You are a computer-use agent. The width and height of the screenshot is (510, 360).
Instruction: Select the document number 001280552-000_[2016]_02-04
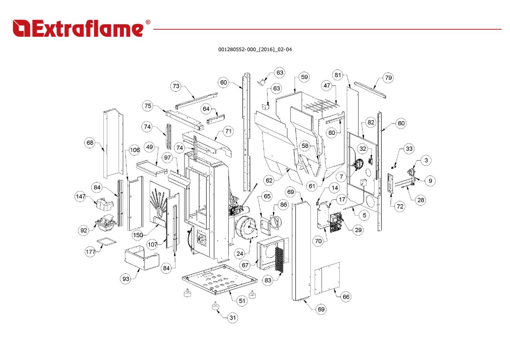255,50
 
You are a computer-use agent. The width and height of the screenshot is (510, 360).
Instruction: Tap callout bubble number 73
176,86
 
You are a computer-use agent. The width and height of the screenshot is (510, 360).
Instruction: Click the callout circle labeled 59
304,77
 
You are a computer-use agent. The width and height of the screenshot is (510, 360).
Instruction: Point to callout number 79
388,78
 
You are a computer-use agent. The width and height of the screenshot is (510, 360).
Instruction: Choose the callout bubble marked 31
233,318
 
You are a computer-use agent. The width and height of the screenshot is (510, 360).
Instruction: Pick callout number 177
90,252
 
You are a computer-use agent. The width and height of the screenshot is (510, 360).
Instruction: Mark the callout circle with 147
80,197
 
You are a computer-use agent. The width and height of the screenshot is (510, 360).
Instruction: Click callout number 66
346,297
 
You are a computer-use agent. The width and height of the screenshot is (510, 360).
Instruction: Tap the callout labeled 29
358,230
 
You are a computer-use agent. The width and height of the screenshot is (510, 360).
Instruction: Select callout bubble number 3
426,160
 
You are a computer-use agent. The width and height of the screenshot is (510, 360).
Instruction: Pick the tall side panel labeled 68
112,143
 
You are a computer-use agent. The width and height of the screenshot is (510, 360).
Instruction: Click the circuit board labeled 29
335,222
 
